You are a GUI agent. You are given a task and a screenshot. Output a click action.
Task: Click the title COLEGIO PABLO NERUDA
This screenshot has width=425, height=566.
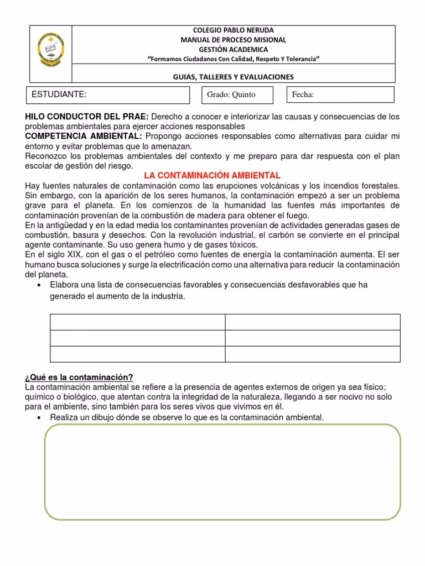pos(232,30)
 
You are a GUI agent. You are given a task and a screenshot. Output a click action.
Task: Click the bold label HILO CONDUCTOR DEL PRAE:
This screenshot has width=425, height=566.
pos(87,117)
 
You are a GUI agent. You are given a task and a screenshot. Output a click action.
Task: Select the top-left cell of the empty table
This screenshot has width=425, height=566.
pos(137,322)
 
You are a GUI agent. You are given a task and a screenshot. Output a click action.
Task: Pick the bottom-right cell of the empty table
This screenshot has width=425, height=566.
pos(312,354)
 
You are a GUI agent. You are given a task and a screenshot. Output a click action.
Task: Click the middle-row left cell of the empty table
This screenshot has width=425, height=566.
pos(137,338)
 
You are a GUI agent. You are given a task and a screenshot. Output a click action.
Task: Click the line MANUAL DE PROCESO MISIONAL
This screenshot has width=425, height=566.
pos(233,40)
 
